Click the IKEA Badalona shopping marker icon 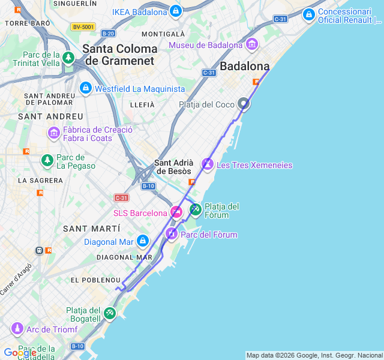click(175, 11)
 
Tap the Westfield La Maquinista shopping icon click(85, 88)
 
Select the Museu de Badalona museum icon click(251, 44)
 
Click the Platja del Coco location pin click(244, 104)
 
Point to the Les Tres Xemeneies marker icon click(207, 164)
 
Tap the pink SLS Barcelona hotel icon click(176, 212)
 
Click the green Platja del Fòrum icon click(196, 209)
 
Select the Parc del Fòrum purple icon click(172, 233)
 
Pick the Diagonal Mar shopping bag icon click(142, 242)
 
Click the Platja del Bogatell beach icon click(109, 313)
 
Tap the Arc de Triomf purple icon click(17, 329)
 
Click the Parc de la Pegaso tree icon click(47, 160)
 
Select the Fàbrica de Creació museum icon click(54, 132)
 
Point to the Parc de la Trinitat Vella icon click(68, 58)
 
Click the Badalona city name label click(245, 66)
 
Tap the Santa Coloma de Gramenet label click(120, 55)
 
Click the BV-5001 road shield click(83, 27)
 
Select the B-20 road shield click(108, 34)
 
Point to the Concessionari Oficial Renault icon click(308, 14)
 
